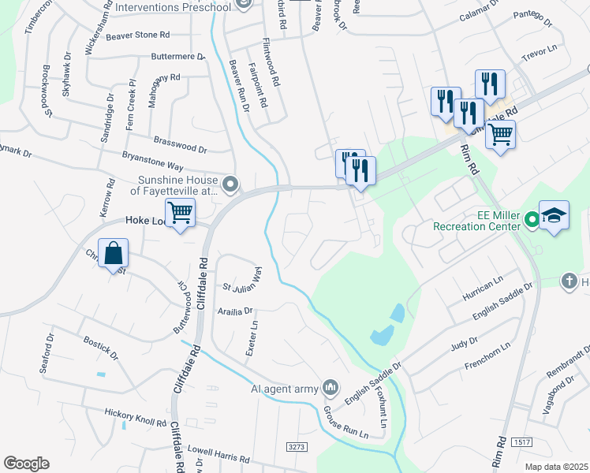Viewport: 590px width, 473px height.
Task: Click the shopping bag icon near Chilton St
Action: [x=114, y=254]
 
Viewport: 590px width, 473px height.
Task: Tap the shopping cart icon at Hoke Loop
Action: [x=181, y=212]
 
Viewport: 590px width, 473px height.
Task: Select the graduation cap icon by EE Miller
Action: [x=554, y=217]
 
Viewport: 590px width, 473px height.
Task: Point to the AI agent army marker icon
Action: [x=330, y=388]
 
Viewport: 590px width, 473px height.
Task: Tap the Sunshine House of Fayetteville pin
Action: [x=230, y=185]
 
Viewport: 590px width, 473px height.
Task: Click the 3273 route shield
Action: [x=297, y=447]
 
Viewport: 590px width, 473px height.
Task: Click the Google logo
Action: [x=26, y=463]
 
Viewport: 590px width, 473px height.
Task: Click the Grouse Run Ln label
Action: [x=345, y=423]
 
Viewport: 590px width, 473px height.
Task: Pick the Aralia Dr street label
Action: [x=235, y=311]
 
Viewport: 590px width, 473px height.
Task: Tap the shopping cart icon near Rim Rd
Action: [x=500, y=134]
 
